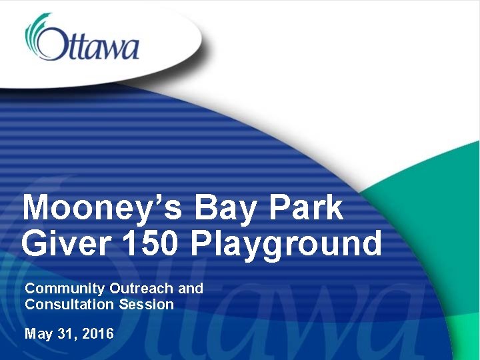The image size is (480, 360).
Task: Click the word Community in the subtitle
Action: pos(65,289)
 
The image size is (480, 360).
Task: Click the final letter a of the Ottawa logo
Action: pos(131,51)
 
